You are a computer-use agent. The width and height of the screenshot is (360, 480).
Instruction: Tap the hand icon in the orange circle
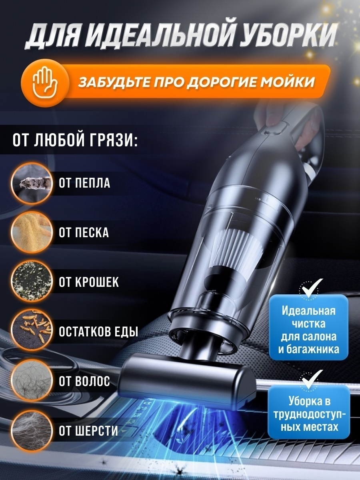tap(44, 83)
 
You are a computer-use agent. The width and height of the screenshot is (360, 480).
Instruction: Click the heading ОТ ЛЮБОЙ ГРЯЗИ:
tap(75, 140)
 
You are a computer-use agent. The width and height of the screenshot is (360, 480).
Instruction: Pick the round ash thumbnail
tap(32, 183)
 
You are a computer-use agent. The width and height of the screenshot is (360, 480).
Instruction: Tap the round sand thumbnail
tap(32, 232)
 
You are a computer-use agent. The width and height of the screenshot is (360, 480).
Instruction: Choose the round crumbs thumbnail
tap(32, 281)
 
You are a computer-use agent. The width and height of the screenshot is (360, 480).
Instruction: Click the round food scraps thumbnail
tap(32, 330)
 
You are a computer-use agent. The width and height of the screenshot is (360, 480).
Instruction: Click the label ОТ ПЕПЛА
tap(84, 183)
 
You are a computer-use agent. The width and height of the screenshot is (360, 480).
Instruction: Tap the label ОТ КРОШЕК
tap(89, 282)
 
